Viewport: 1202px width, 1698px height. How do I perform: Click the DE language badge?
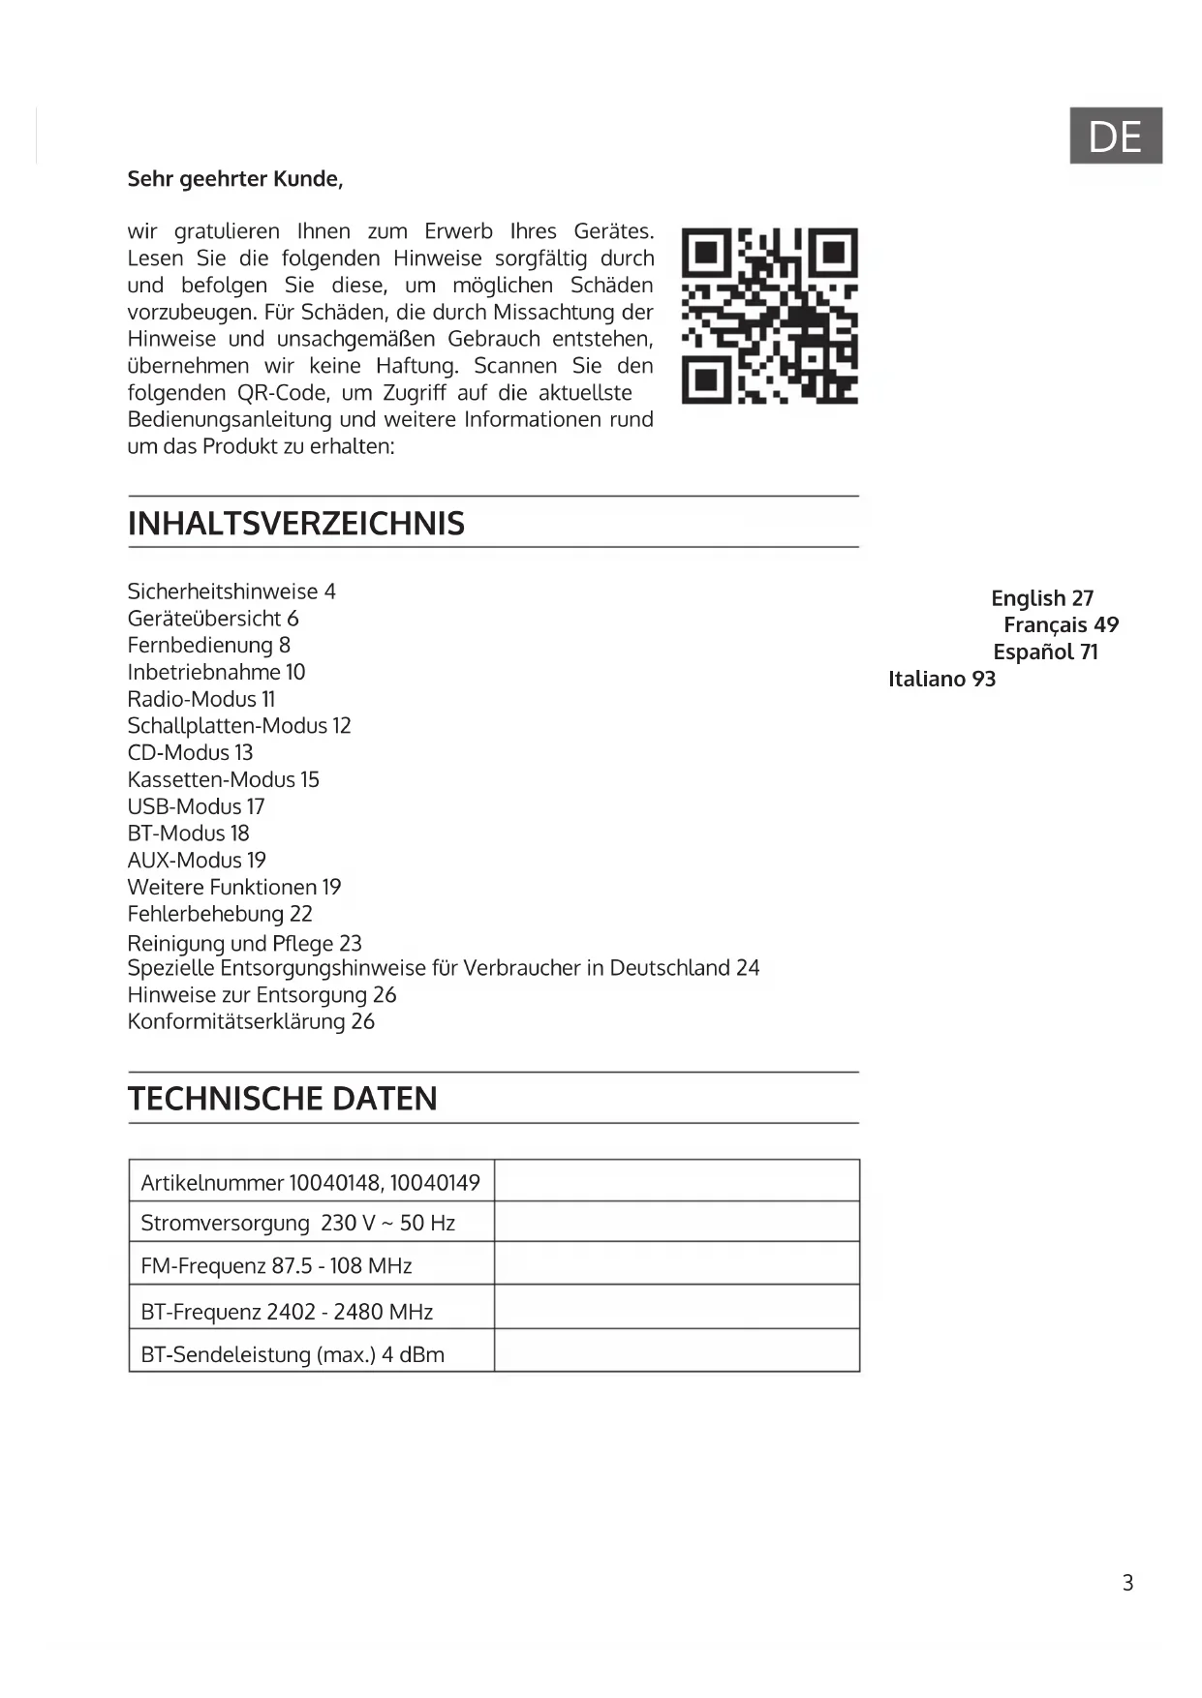coord(1115,136)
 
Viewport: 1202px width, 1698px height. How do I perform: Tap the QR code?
coord(770,316)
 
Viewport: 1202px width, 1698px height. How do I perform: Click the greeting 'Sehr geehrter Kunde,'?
coord(235,179)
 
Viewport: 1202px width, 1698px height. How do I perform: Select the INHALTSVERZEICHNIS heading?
coord(296,524)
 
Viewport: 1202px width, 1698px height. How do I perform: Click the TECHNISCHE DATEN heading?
coord(283,1099)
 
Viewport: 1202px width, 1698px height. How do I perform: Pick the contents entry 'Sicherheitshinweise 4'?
coord(231,591)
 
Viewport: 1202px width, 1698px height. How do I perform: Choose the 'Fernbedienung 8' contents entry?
coord(208,645)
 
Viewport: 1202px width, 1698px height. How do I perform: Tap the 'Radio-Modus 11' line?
coord(201,699)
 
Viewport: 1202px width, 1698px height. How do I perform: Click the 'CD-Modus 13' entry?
coord(190,752)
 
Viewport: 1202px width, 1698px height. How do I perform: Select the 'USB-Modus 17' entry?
coord(196,806)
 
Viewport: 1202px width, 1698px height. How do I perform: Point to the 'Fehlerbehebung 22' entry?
coord(220,914)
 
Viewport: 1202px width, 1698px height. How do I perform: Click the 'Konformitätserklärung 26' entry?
coord(251,1021)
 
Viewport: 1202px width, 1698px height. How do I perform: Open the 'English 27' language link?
coord(1042,598)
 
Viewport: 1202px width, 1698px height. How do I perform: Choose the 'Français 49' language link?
coord(1061,625)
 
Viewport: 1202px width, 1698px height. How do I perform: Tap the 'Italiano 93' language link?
coord(941,679)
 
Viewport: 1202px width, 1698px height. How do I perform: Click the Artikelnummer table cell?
coord(311,1182)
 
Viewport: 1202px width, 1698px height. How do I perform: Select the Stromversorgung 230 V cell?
coord(298,1223)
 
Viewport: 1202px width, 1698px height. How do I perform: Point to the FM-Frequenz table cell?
coord(277,1265)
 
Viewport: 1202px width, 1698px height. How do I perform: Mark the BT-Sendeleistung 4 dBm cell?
coord(293,1354)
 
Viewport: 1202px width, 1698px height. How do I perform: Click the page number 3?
coord(1127,1583)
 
